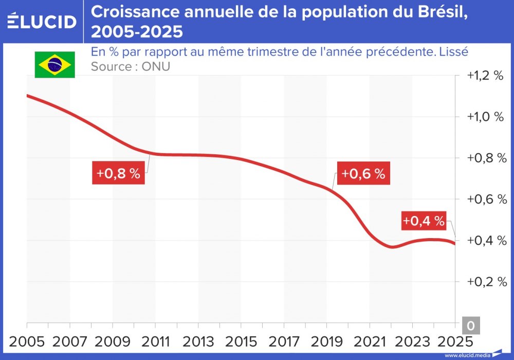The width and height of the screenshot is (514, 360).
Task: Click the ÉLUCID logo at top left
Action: click(x=42, y=22)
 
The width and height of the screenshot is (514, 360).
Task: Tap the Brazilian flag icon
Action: click(x=55, y=65)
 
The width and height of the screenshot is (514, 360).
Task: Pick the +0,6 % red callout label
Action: click(x=363, y=173)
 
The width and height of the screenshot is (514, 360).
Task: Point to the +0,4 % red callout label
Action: click(x=423, y=221)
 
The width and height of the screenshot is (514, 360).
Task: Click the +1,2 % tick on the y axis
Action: click(x=485, y=76)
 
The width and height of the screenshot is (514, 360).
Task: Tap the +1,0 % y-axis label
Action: click(x=485, y=117)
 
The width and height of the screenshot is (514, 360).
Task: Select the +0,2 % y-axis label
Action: click(x=485, y=282)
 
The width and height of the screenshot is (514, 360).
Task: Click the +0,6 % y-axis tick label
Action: click(x=485, y=200)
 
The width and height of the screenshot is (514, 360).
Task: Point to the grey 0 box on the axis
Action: click(x=471, y=326)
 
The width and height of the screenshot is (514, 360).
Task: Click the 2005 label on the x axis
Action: click(x=27, y=343)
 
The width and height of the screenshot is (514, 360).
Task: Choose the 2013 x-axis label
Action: click(x=198, y=343)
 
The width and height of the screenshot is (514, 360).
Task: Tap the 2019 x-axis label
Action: click(x=327, y=343)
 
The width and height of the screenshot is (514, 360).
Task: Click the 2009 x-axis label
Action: click(x=113, y=343)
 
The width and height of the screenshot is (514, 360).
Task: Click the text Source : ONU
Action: click(x=130, y=67)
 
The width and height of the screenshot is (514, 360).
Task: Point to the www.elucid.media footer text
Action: click(x=467, y=355)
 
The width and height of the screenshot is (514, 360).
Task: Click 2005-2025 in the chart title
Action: click(x=137, y=32)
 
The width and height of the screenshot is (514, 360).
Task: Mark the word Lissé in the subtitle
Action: click(x=454, y=52)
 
